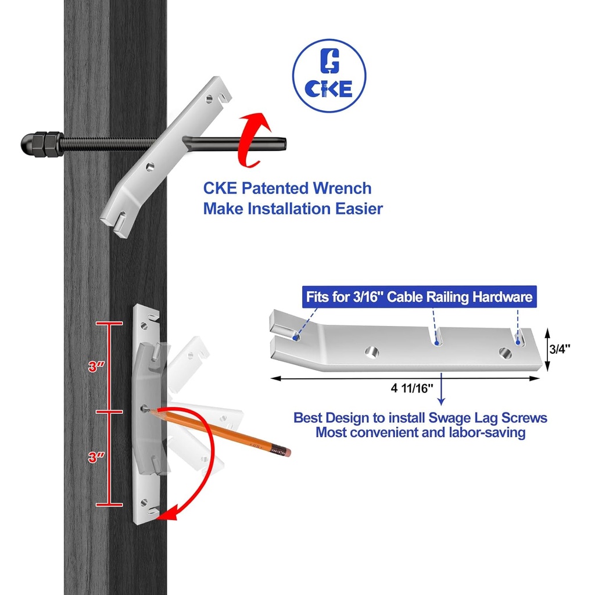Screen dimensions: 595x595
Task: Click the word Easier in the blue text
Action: pyautogui.click(x=354, y=208)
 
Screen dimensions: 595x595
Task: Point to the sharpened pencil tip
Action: pyautogui.click(x=150, y=410)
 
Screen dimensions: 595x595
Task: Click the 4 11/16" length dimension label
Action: pyautogui.click(x=413, y=388)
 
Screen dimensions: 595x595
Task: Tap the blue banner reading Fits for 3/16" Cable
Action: pyautogui.click(x=419, y=297)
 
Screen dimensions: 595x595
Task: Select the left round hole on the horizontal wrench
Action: pyautogui.click(x=370, y=352)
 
